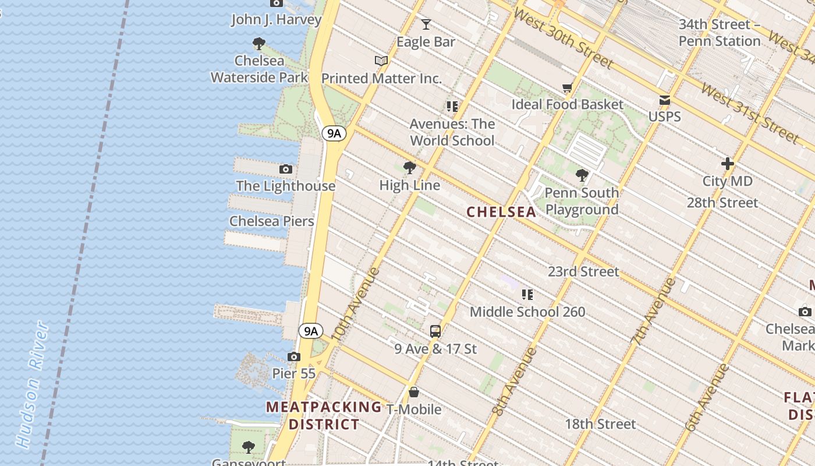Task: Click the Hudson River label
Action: click(x=32, y=384)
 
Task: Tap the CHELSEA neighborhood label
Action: click(x=501, y=212)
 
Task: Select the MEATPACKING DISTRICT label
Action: click(x=324, y=415)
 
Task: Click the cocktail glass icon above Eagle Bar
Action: click(x=426, y=24)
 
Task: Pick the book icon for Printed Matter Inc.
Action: click(x=381, y=61)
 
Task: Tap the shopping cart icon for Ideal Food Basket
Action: click(x=568, y=88)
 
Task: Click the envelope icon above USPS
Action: click(x=664, y=100)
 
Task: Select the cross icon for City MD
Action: click(x=727, y=164)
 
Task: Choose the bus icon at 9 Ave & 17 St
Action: click(x=435, y=331)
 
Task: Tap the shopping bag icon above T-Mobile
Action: click(x=414, y=392)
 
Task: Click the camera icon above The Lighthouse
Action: click(x=286, y=170)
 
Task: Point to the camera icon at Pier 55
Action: click(x=294, y=356)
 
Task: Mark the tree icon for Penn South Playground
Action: click(x=582, y=175)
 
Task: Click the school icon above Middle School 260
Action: click(x=527, y=295)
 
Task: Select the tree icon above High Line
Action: click(x=410, y=168)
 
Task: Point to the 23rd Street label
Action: click(x=583, y=272)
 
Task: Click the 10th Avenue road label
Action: click(x=356, y=304)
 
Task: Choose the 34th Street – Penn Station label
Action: click(x=720, y=33)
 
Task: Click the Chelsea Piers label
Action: click(x=271, y=221)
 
